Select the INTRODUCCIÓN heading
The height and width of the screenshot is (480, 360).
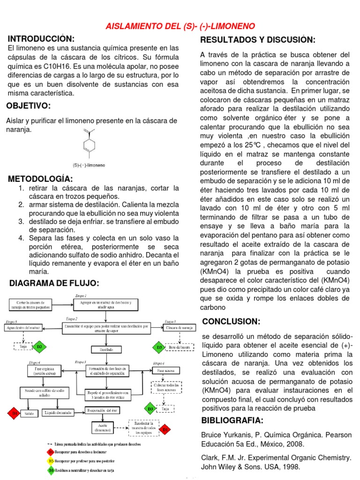(41, 38)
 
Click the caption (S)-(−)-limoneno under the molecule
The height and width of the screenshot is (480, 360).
(89, 165)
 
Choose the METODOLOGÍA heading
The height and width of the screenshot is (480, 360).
(40, 179)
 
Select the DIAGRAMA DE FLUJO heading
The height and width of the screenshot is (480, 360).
(54, 283)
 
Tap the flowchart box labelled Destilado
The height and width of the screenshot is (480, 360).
(105, 349)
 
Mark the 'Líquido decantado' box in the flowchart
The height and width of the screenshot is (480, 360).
(59, 413)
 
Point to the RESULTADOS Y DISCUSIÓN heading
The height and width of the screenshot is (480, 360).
(257, 40)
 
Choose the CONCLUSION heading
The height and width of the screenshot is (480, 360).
(231, 321)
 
